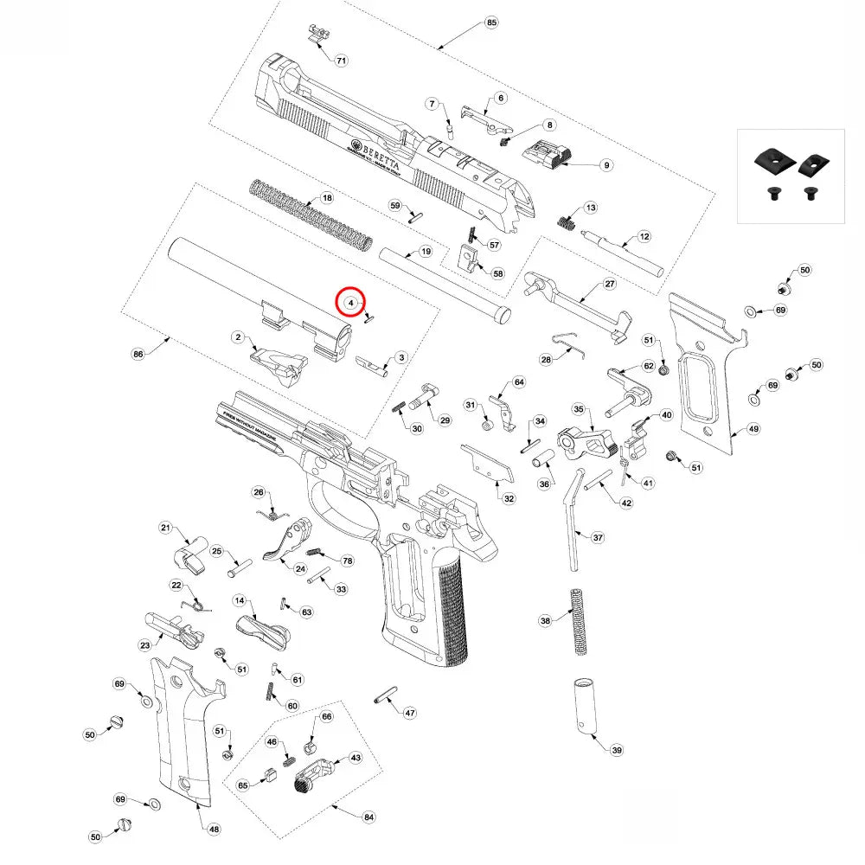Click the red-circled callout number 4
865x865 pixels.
[x=350, y=303]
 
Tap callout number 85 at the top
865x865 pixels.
[x=492, y=22]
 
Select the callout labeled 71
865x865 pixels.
[x=341, y=61]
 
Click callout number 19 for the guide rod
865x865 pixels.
[x=425, y=251]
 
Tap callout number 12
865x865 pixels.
[x=644, y=236]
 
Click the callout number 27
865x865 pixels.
[x=609, y=284]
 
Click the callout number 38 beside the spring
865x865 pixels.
[x=545, y=621]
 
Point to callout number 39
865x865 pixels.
[x=616, y=750]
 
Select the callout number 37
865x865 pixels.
[x=598, y=537]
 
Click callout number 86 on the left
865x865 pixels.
[x=137, y=354]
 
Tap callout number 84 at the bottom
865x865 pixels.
[x=369, y=817]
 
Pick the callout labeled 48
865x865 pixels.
[x=214, y=830]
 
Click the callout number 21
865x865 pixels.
[x=167, y=528]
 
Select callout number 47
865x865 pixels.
[x=409, y=714]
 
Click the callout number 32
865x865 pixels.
[x=509, y=498]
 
